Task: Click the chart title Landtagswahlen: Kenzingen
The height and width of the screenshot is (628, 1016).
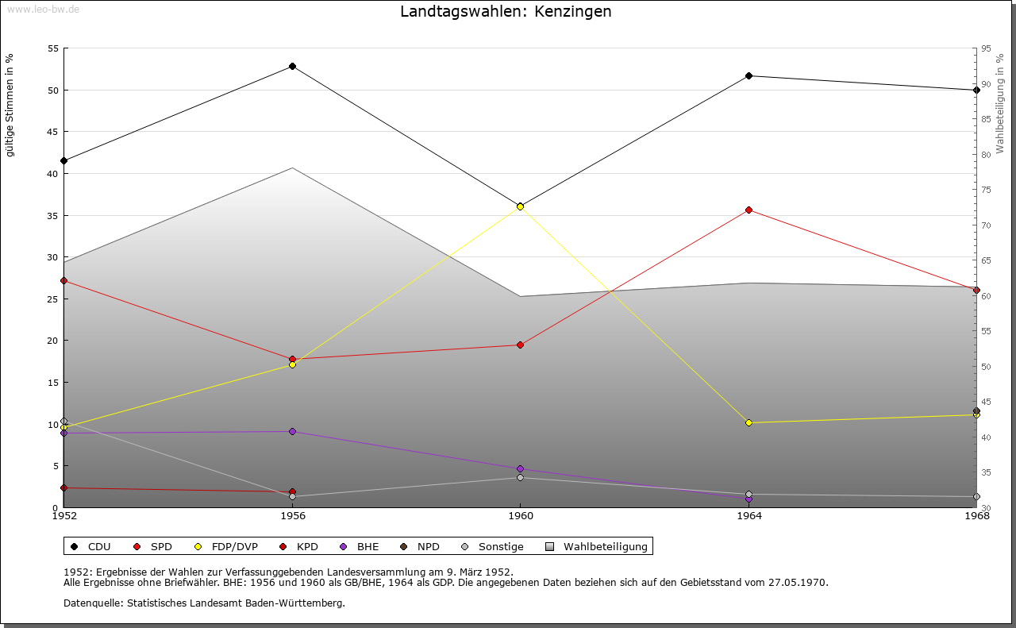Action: point(506,12)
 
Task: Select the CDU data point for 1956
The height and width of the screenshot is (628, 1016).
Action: point(292,66)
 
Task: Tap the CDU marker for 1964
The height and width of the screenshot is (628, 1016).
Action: point(749,75)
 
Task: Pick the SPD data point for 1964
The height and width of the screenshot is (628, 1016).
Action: point(749,210)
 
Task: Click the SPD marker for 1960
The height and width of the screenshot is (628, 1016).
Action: point(520,345)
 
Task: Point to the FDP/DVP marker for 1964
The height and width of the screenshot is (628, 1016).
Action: point(749,422)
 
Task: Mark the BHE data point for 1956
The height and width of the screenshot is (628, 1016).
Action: point(292,431)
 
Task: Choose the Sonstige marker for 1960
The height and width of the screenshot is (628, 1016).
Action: point(520,477)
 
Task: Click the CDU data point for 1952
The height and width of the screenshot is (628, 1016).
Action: point(63,160)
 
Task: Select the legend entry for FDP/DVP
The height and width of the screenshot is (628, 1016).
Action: point(225,546)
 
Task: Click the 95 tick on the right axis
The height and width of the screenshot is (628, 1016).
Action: point(986,48)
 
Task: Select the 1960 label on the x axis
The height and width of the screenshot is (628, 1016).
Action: point(520,516)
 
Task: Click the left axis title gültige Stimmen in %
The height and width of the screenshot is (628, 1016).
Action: point(10,105)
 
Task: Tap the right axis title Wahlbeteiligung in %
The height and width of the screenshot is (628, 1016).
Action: point(1000,103)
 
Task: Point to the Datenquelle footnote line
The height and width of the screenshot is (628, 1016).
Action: point(204,603)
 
